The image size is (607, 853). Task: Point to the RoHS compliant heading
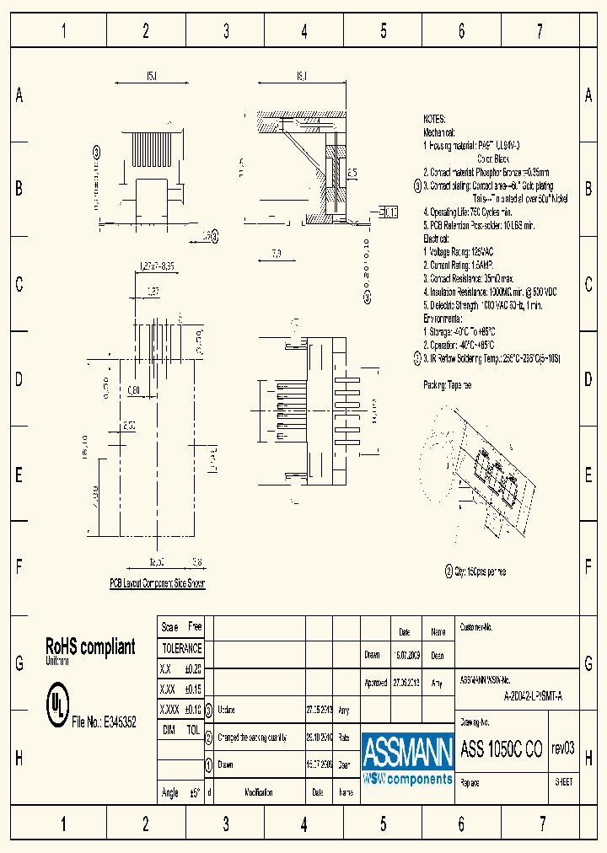[x=89, y=646]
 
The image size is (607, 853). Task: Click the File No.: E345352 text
[x=99, y=722]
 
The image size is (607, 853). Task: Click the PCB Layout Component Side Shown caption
[x=157, y=583]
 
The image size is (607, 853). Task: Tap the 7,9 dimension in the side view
[x=276, y=253]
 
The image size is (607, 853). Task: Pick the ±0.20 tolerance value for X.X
[x=192, y=668]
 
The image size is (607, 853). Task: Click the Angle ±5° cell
[x=181, y=792]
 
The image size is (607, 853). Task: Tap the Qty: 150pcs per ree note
[x=480, y=571]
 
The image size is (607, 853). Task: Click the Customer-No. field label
[x=475, y=628]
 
